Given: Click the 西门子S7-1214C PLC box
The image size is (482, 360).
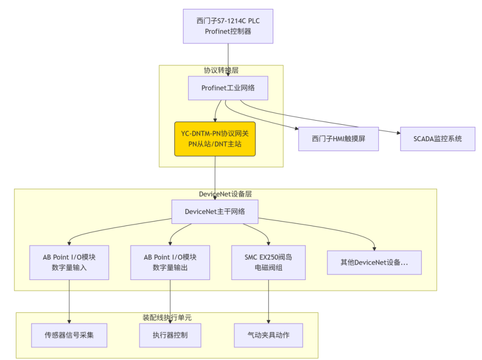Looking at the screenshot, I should [228, 26].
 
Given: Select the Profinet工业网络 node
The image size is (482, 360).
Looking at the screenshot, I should [228, 88].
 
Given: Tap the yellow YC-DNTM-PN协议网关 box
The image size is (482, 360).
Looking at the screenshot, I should [215, 139].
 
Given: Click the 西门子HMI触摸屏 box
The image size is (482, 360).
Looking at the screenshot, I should [338, 139].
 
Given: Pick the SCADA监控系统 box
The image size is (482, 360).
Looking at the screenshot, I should [437, 139].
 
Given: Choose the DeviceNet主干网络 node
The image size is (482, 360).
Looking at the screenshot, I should [215, 212].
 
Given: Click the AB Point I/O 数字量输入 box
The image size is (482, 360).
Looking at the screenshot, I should [69, 262].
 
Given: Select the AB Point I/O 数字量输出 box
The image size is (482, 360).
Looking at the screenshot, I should [170, 262].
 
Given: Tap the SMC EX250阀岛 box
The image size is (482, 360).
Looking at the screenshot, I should [269, 262].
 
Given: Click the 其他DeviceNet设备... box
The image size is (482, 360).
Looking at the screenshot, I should [374, 262].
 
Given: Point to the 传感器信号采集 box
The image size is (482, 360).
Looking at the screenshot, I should [69, 335].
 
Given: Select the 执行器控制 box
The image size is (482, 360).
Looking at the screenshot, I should [170, 335].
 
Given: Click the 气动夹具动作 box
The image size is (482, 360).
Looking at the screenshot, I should [269, 335].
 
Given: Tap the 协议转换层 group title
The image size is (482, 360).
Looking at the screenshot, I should [221, 71].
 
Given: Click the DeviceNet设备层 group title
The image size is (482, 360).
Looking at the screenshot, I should [225, 194].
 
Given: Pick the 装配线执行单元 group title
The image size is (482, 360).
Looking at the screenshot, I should [167, 317].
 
